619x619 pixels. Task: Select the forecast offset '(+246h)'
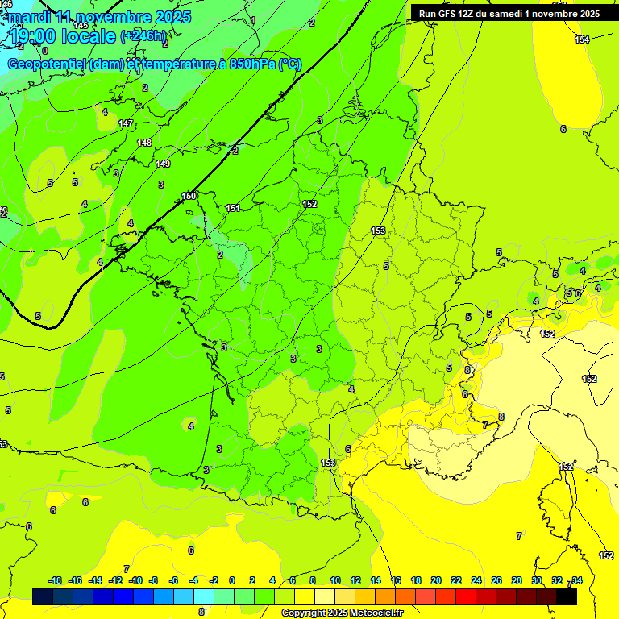[x=143, y=36]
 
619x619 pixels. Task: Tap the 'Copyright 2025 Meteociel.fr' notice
[x=342, y=613]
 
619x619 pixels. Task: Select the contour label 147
[x=125, y=123]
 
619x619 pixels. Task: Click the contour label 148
[x=143, y=143]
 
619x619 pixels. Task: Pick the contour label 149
[x=163, y=164]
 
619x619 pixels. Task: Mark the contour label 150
[x=189, y=196]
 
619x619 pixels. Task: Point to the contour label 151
[x=233, y=208]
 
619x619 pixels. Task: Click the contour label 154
[x=582, y=39]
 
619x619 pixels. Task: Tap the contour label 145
[x=81, y=26]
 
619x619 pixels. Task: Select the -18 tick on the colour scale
[x=56, y=580]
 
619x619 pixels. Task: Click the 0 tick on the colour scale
[x=232, y=580]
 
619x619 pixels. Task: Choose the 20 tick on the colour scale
[x=435, y=580]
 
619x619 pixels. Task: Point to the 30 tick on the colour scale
[x=537, y=580]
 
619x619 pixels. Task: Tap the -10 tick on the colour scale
[x=135, y=580]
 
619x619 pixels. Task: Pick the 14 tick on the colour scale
[x=375, y=580]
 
